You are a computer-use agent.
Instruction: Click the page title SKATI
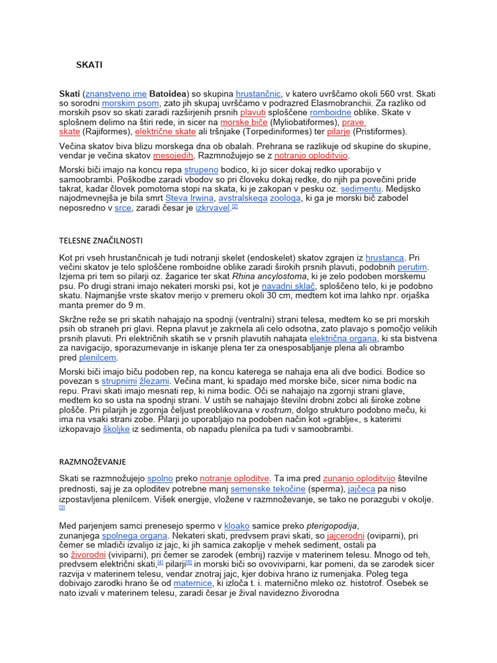(89, 65)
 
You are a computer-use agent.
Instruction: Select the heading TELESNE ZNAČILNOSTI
(100, 240)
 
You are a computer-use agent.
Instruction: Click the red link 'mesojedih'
(173, 156)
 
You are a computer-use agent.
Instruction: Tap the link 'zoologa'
(285, 198)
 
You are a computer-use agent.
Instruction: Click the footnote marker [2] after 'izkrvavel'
(236, 207)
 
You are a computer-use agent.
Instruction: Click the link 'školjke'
(116, 429)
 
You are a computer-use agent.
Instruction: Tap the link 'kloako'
(236, 526)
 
